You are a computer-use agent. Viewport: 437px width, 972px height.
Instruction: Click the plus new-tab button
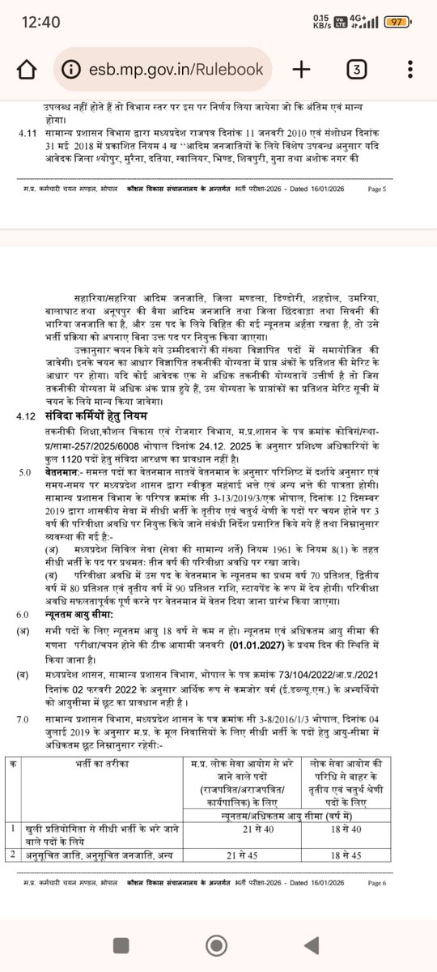click(x=301, y=70)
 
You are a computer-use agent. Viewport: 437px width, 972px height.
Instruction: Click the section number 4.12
click(x=27, y=416)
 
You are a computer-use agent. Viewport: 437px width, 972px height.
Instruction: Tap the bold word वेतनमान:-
click(x=66, y=471)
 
